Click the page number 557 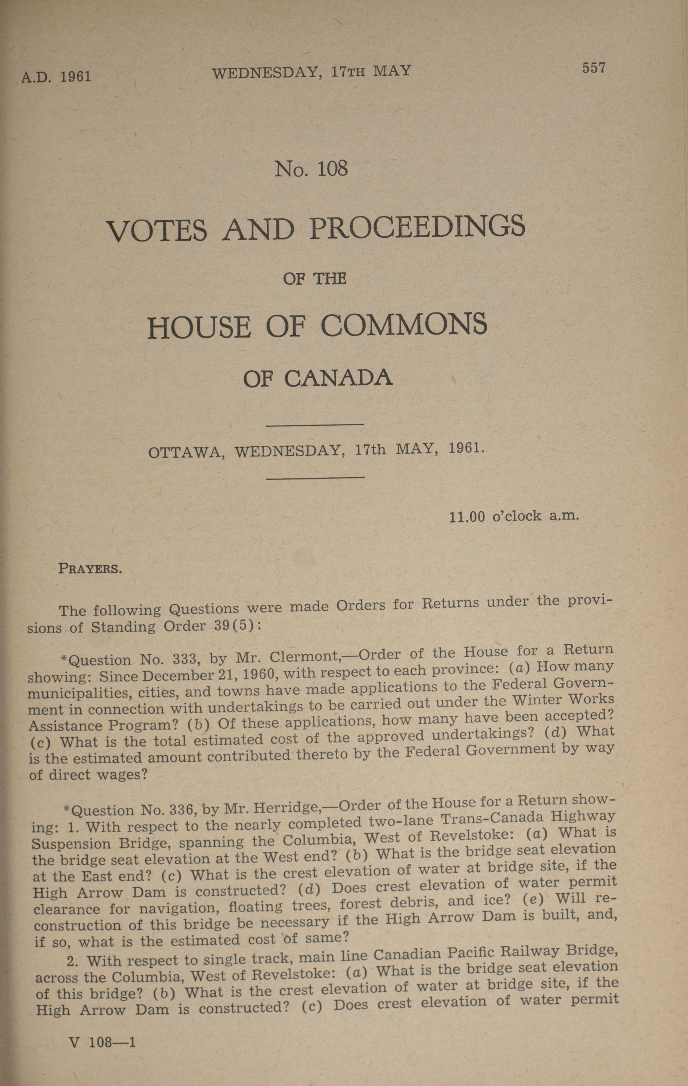[593, 68]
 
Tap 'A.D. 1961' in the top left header [56, 76]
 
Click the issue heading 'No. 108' [311, 169]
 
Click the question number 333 [184, 659]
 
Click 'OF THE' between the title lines [314, 279]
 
